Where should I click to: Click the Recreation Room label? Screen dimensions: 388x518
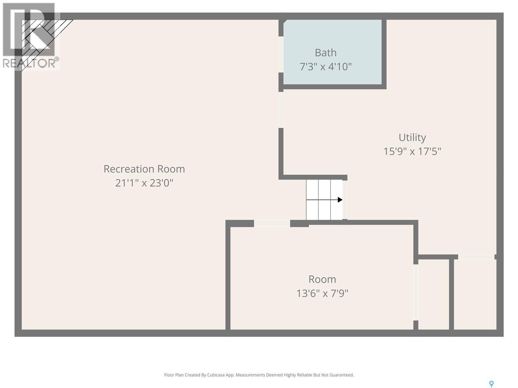coord(144,169)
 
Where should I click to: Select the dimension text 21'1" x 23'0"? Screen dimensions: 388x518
coord(144,183)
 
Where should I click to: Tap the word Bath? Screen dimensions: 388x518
coord(325,52)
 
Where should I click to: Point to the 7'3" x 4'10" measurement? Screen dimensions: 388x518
coord(325,67)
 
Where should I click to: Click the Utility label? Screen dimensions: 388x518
coord(412,137)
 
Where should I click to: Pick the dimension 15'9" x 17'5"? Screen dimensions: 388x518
coord(412,151)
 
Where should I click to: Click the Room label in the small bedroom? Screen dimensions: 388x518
coord(322,279)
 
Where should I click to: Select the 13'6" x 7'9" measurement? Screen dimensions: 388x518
coord(322,293)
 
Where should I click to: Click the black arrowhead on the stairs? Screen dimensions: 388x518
coord(340,200)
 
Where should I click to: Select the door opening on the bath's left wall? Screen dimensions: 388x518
coord(281,54)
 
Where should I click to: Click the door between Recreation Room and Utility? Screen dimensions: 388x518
coord(281,110)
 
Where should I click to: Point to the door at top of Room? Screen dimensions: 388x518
coord(272,223)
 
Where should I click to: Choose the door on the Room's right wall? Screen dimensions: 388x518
coord(416,292)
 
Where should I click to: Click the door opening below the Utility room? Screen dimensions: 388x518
coord(476,257)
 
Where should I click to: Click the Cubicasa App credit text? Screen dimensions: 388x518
coord(259,375)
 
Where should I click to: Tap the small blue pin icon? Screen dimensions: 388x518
coord(491,384)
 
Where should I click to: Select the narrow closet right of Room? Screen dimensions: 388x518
coord(434,294)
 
